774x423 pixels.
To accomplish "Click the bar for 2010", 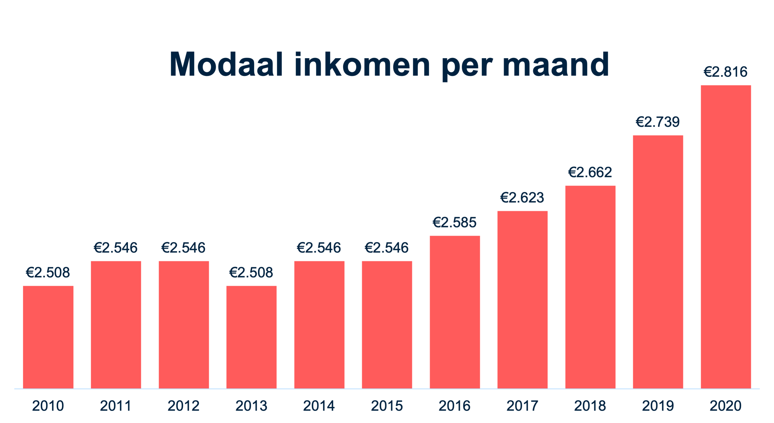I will (48, 337).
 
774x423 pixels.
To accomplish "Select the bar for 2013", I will (251, 337).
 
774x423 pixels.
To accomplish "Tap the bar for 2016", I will (454, 312).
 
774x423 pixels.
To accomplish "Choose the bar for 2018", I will (590, 287).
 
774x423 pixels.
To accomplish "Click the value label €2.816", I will (725, 72).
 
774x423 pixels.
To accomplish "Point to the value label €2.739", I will (658, 122).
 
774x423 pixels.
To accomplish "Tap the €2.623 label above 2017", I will (522, 197).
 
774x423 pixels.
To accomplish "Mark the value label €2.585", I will (454, 222).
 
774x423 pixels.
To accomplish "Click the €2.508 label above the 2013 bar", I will (251, 273).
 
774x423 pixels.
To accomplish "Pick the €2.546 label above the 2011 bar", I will (116, 248).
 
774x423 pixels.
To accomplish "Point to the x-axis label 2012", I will (184, 406).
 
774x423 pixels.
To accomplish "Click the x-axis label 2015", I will (387, 406).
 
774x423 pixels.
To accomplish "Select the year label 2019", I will (658, 406).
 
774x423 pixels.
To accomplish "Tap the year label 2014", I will (319, 406).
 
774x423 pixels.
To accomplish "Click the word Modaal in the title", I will (226, 65).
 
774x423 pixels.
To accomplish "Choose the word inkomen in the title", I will (362, 65).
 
